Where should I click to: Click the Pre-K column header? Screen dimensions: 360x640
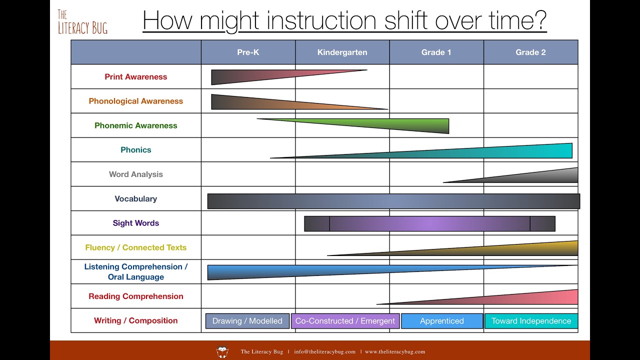click(248, 52)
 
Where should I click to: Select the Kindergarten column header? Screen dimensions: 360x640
click(342, 52)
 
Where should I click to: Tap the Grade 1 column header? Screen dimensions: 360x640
click(436, 52)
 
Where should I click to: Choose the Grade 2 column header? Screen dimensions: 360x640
click(530, 52)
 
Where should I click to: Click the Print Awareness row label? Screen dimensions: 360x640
click(136, 77)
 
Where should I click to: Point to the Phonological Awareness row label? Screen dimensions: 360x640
click(136, 101)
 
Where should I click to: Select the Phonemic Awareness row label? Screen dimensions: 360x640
click(136, 125)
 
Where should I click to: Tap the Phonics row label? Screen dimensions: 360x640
click(136, 150)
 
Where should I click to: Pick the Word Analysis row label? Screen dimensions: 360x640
click(136, 174)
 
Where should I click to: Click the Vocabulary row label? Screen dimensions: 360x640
click(136, 199)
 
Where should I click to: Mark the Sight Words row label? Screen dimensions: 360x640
click(136, 223)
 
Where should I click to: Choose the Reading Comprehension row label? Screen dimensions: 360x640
click(136, 296)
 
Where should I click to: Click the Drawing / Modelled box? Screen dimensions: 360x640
click(247, 321)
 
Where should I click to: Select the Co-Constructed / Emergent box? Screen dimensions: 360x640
click(345, 321)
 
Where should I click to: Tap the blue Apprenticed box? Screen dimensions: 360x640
click(442, 321)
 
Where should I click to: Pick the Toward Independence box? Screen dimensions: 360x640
click(531, 321)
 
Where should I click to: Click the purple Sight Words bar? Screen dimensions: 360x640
click(429, 224)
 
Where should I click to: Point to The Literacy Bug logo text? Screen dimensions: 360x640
click(82, 22)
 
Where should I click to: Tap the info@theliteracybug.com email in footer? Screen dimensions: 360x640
click(324, 351)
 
